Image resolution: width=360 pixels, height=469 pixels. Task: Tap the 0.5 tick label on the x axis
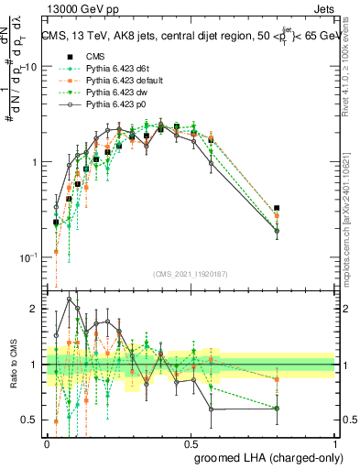[191, 442]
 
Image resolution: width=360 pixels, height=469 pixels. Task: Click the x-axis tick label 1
[336, 442]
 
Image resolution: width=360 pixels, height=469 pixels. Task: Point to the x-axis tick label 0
[48, 442]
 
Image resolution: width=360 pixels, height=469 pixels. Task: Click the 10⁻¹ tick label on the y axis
[27, 256]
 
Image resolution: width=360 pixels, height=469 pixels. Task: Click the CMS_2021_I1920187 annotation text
[192, 272]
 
